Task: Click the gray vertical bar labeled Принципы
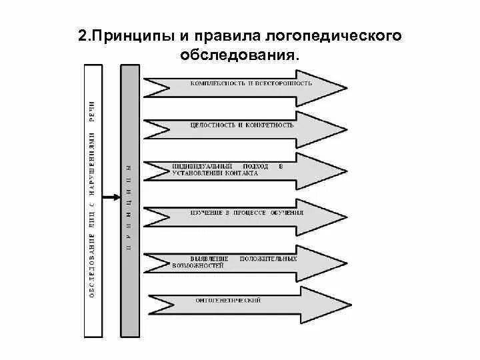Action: click(131, 200)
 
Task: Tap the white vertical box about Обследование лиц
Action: click(93, 200)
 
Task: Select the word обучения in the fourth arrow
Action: click(287, 213)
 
